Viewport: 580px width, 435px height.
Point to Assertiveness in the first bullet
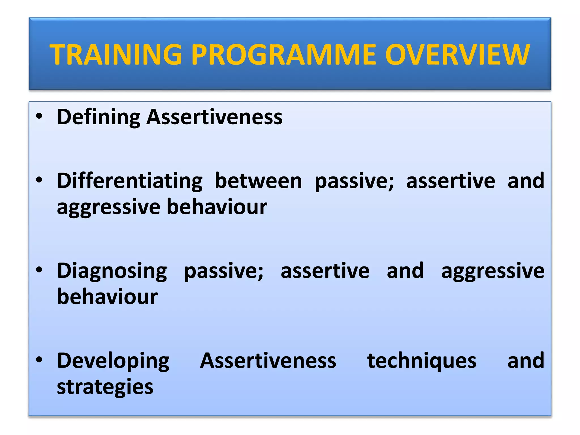(214, 117)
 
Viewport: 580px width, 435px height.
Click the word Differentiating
(130, 181)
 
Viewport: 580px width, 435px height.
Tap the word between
(258, 181)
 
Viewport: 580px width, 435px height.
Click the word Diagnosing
(112, 271)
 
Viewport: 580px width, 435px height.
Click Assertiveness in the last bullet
(268, 361)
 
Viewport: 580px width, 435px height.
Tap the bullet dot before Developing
(39, 360)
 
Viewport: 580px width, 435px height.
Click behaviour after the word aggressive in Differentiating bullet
(217, 207)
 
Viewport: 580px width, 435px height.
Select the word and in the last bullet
(526, 361)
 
